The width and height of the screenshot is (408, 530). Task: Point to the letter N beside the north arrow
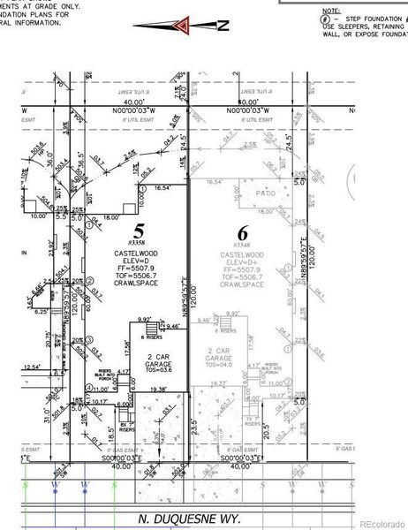(x=223, y=26)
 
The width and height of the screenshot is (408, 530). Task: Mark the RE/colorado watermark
(x=381, y=521)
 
